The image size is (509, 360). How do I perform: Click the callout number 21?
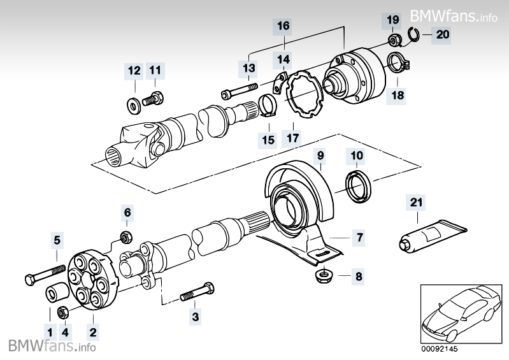coord(415,203)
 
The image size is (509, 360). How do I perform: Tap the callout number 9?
coord(320,155)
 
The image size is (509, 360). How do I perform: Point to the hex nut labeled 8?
coord(322,277)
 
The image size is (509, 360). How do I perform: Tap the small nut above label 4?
coord(64,312)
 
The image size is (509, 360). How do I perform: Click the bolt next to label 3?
coord(198,294)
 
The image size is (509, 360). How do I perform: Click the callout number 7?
coord(359,238)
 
